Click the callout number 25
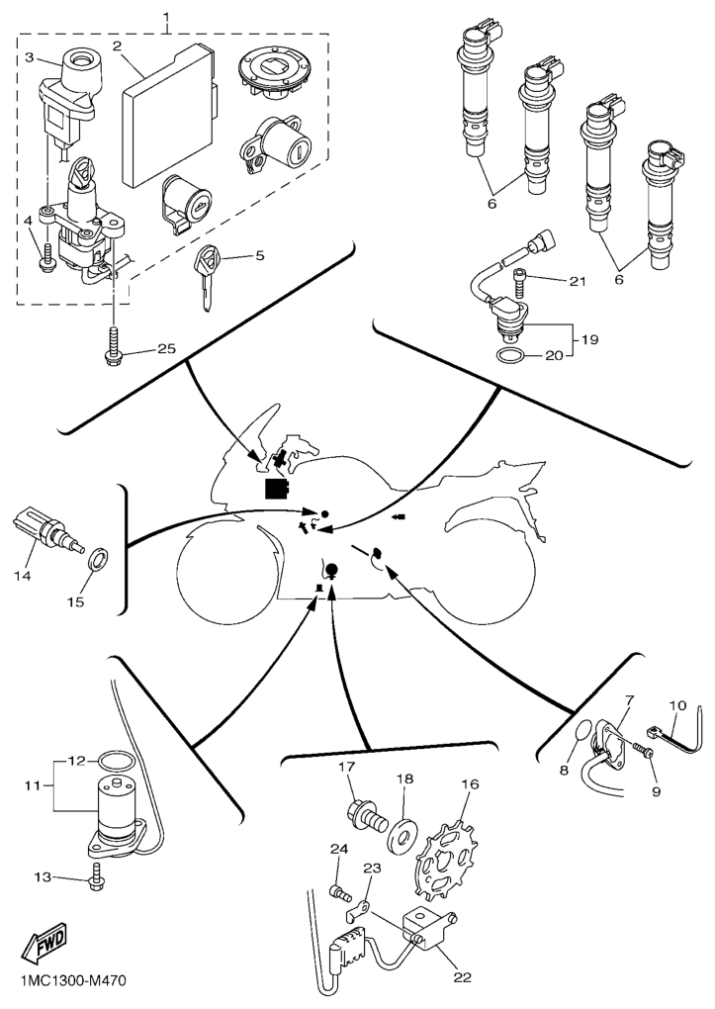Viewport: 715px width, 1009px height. pos(166,350)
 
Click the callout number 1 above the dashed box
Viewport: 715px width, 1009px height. pos(166,17)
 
